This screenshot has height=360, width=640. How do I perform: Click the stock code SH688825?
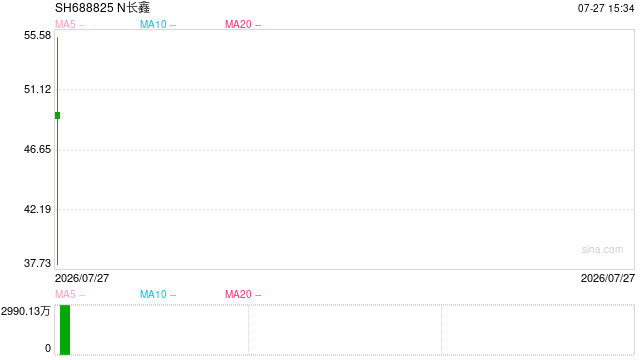84,8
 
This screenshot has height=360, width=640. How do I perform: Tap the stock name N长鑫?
133,8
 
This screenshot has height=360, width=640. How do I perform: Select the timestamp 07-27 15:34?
606,9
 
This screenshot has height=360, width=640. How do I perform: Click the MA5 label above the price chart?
65,24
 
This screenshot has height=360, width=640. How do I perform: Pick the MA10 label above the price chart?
153,24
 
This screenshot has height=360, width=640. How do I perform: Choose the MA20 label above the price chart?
238,24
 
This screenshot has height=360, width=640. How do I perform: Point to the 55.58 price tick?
38,36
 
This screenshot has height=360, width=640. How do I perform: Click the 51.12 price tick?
38,89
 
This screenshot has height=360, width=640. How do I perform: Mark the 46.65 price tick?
38,149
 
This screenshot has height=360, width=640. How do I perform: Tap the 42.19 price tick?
38,209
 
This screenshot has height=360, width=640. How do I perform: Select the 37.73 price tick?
38,263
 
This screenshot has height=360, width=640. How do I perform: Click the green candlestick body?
58,116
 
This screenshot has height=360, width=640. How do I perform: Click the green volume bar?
65,330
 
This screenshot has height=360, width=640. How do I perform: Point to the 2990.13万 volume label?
26,311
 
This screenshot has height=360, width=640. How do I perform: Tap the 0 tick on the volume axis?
48,349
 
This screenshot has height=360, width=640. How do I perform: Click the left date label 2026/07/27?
82,278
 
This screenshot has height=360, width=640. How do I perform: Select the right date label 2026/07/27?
608,278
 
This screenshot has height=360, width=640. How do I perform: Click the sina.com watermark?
602,249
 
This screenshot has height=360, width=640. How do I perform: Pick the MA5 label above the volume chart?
65,294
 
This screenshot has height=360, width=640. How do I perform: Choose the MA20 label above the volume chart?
238,294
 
